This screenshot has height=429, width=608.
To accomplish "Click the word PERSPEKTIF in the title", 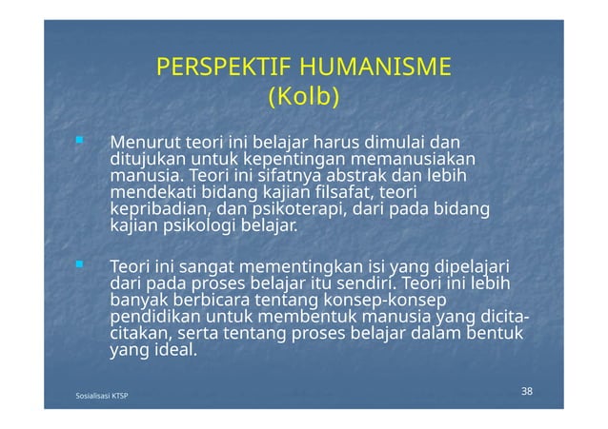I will click(x=222, y=68).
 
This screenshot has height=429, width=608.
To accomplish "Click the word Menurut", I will click(x=146, y=143).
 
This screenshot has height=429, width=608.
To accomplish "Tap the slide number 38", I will click(x=527, y=392).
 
